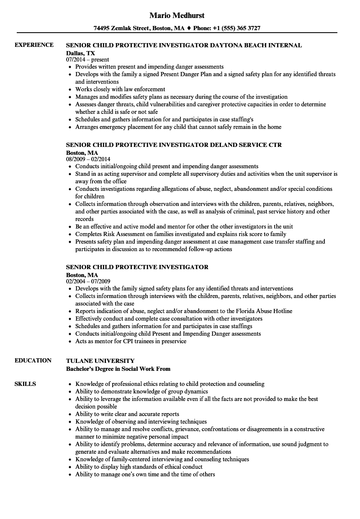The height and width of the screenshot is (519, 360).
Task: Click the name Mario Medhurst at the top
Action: pyautogui.click(x=177, y=15)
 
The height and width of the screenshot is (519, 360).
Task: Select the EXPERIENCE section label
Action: pyautogui.click(x=34, y=45)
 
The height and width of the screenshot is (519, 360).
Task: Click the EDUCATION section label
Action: pyautogui.click(x=33, y=360)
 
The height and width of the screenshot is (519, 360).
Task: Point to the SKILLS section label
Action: pyautogui.click(x=25, y=384)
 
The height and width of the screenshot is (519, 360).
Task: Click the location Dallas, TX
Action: pyautogui.click(x=80, y=53)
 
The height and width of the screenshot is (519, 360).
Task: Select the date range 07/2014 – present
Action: pyautogui.click(x=87, y=60)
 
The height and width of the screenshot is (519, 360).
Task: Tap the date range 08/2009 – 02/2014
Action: pyautogui.click(x=88, y=159)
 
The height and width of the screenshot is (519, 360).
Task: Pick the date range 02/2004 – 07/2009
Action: pyautogui.click(x=88, y=282)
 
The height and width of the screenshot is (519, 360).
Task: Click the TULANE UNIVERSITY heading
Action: pyautogui.click(x=100, y=360)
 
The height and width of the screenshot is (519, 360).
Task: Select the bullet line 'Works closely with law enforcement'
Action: pyautogui.click(x=120, y=89)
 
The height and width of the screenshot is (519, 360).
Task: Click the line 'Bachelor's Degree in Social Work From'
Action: pyautogui.click(x=118, y=369)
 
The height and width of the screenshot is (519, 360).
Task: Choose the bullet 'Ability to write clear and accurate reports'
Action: pyautogui.click(x=127, y=414)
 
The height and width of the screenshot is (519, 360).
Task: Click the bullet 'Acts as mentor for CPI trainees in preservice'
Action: pyautogui.click(x=131, y=341)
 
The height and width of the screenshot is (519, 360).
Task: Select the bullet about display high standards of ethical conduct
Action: pyautogui.click(x=139, y=467)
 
